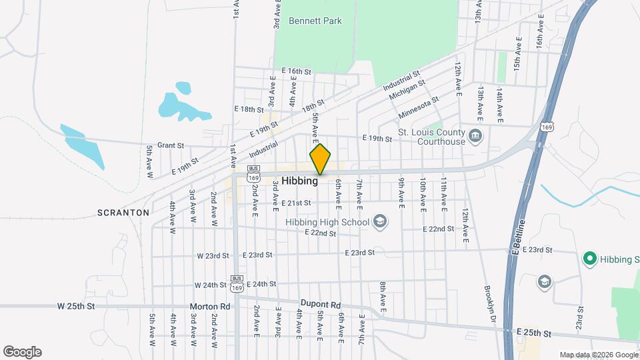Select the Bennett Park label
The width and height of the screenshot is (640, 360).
315,21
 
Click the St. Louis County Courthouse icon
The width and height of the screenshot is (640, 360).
475,137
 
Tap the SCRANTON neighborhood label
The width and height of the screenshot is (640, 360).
123,213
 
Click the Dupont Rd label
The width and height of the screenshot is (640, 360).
321,302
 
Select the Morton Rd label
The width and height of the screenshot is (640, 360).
210,307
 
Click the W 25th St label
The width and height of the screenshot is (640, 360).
77,307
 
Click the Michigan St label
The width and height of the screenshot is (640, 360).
407,89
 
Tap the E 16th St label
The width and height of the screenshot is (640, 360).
296,71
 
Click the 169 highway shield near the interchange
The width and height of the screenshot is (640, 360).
546,127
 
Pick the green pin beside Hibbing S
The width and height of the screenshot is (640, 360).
589,259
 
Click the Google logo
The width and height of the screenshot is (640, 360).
22,352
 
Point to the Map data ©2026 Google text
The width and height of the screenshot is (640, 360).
599,355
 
